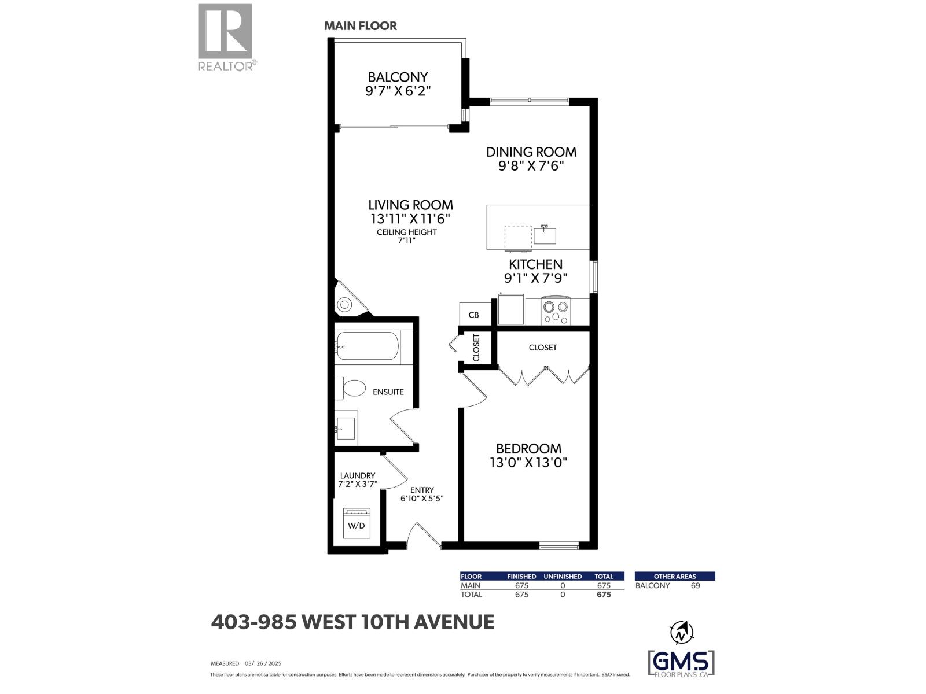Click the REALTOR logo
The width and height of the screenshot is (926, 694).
click(226, 37)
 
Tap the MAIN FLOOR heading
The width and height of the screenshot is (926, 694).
click(360, 26)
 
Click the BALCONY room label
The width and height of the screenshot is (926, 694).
click(398, 77)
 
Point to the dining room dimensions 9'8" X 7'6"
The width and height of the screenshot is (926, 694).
click(525, 166)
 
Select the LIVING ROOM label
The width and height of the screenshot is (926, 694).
click(410, 205)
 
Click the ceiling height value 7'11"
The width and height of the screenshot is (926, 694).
click(406, 240)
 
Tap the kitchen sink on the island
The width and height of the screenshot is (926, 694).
click(545, 235)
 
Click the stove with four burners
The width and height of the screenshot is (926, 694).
click(556, 311)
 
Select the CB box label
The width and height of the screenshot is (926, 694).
click(473, 315)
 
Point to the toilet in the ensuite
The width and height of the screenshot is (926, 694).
click(352, 387)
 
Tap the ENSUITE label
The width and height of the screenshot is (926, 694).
click(388, 392)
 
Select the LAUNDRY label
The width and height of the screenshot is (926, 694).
click(358, 476)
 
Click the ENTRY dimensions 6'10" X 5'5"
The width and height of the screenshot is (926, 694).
click(422, 499)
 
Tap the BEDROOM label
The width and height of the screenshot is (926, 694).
click(528, 448)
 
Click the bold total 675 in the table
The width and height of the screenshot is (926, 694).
click(604, 595)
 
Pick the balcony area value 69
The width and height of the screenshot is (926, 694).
click(695, 585)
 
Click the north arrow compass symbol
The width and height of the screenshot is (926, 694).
click(681, 633)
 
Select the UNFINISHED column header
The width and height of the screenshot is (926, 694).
click(563, 576)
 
